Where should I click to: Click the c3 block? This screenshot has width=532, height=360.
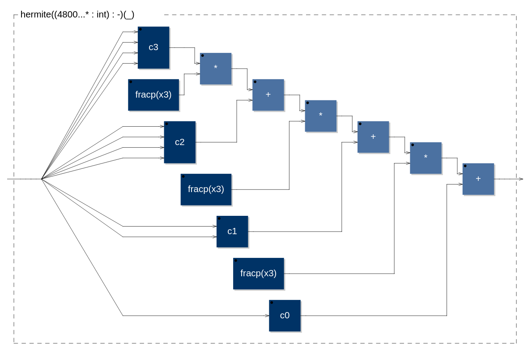point(153,47)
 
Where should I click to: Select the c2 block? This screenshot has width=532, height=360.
point(179,142)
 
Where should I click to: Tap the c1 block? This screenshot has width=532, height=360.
point(232,231)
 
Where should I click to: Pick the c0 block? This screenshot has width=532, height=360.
point(285,315)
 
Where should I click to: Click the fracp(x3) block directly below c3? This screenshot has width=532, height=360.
point(153,95)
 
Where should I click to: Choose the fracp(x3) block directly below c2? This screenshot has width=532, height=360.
point(206,189)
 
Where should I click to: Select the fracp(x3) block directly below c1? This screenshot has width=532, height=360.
point(258,273)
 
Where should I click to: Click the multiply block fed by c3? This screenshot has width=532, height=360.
point(216,69)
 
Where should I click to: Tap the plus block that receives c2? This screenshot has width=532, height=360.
point(268,95)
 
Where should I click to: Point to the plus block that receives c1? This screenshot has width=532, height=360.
point(373,137)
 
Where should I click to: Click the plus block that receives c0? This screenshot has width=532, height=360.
point(478,179)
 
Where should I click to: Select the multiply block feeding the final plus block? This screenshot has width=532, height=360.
point(426,158)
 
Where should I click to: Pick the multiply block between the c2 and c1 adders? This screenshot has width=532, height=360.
point(320,116)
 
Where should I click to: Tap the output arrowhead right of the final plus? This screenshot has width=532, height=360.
point(521,179)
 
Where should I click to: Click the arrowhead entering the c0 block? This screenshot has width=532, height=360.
point(267,316)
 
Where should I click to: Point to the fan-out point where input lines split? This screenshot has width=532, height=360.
point(42,179)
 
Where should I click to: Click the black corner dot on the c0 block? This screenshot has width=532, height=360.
point(272,303)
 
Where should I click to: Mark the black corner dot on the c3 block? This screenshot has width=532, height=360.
point(140,29)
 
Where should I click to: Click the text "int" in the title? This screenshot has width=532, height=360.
point(102,14)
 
